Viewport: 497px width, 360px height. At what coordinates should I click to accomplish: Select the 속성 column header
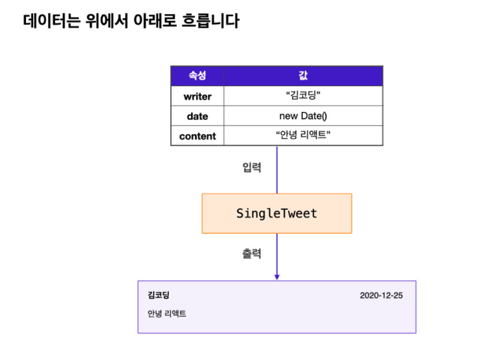[x=197, y=76]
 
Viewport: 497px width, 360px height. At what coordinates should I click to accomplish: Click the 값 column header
[x=303, y=76]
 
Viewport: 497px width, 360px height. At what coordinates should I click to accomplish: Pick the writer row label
[x=197, y=96]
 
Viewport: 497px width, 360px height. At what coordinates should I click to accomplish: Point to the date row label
[x=197, y=117]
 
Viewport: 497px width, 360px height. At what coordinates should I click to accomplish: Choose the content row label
[x=197, y=137]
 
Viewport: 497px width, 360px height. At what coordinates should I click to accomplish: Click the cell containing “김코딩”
[x=303, y=96]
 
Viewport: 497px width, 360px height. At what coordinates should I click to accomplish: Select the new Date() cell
[x=303, y=117]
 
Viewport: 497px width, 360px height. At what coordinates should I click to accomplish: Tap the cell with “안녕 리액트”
[x=303, y=137]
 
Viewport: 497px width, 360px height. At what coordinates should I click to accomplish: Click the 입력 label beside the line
[x=251, y=168]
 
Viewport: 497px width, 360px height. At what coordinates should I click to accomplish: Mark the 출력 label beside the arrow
[x=251, y=254]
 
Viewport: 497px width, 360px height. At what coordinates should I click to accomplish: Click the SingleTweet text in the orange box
[x=276, y=213]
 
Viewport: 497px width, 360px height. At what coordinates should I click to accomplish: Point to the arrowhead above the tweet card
[x=277, y=276]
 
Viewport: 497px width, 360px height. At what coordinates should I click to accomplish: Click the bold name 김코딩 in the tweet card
[x=159, y=295]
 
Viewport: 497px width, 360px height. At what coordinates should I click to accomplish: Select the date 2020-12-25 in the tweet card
[x=381, y=296]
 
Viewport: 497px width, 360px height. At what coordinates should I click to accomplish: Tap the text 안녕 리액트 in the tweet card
[x=167, y=313]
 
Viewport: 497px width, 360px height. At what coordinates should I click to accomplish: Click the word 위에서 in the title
[x=107, y=21]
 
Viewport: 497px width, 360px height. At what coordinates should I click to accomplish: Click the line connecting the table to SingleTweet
[x=277, y=172]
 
